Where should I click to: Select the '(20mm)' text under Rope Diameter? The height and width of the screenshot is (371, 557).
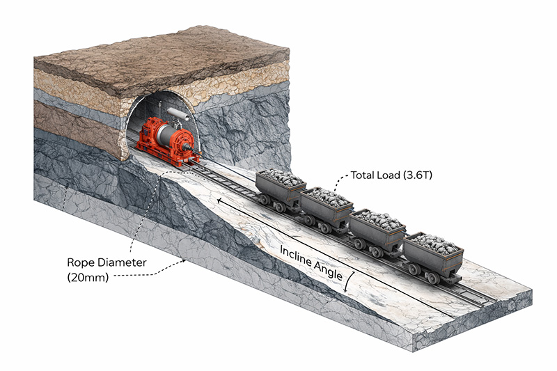pos(87,277)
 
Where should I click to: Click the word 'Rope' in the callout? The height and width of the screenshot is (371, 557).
pos(81,263)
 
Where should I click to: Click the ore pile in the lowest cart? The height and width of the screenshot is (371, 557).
pos(433,242)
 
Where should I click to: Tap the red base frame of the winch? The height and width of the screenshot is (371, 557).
pos(167,157)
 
